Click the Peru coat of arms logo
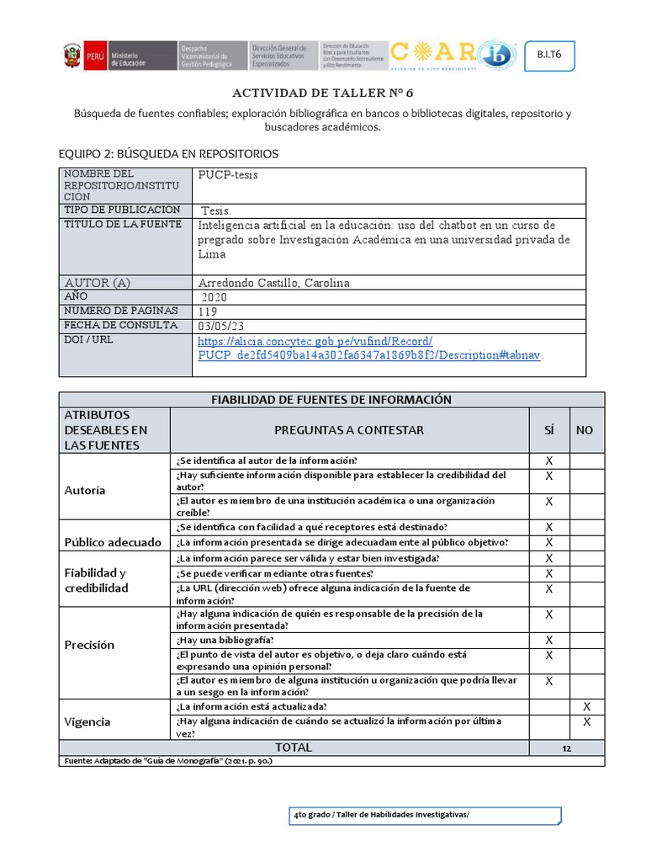click(71, 56)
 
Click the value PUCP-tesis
click(228, 175)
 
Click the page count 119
click(208, 311)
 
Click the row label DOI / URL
click(88, 340)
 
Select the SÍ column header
click(548, 430)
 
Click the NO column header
click(585, 430)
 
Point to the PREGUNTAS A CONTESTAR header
click(348, 430)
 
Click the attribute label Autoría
click(86, 491)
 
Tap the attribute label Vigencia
click(87, 722)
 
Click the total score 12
click(567, 748)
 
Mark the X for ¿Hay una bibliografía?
click(548, 641)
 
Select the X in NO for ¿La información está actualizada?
click(586, 706)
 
